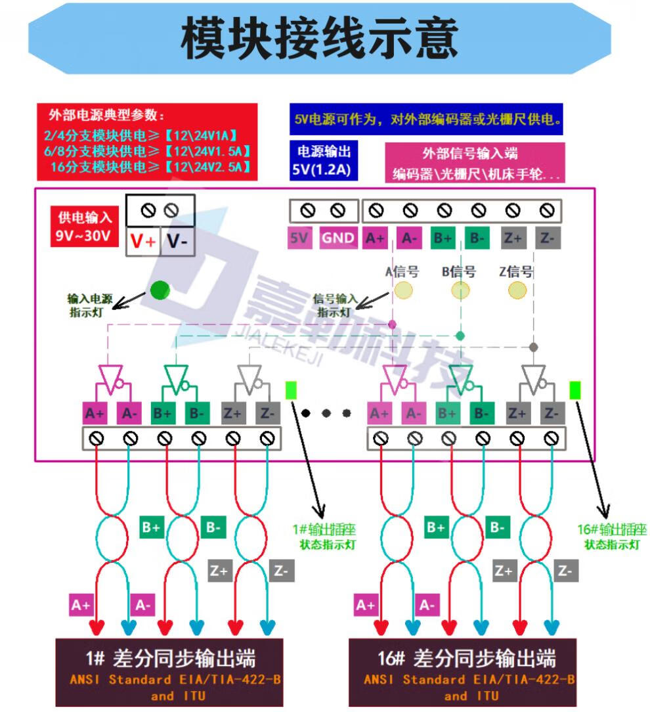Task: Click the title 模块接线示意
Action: pos(319,39)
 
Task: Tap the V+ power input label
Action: pos(143,242)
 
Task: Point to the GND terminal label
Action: pos(338,238)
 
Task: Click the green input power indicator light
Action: pos(160,290)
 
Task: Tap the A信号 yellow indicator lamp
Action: pos(403,290)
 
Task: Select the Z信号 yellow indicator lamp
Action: pos(517,290)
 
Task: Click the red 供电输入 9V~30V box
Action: pos(85,227)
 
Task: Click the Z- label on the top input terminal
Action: pos(548,238)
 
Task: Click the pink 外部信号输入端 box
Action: pos(475,163)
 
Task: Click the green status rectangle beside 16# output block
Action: pos(576,390)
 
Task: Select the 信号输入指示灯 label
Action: pos(336,305)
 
